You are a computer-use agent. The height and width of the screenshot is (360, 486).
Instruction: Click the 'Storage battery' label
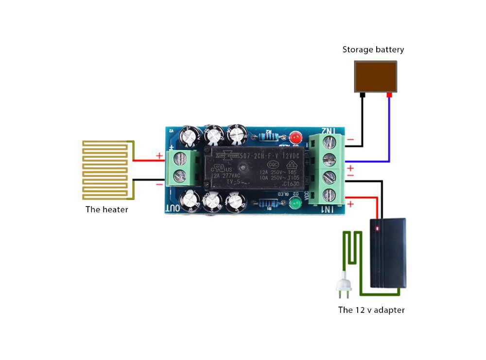click(373, 50)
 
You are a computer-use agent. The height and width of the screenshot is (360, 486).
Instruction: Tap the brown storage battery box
click(375, 76)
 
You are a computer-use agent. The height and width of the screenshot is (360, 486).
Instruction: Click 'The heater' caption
click(106, 210)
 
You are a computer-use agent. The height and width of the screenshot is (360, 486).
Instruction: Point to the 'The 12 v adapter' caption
click(371, 310)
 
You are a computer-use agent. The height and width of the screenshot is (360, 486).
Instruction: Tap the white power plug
click(343, 288)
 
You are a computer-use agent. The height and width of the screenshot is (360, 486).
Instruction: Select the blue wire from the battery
click(389, 141)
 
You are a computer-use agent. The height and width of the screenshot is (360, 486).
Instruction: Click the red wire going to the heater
click(149, 160)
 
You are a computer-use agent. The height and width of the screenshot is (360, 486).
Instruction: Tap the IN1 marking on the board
click(329, 209)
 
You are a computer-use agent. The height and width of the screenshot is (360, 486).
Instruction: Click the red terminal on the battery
click(389, 95)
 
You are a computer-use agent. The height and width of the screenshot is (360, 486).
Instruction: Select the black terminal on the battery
click(363, 95)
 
